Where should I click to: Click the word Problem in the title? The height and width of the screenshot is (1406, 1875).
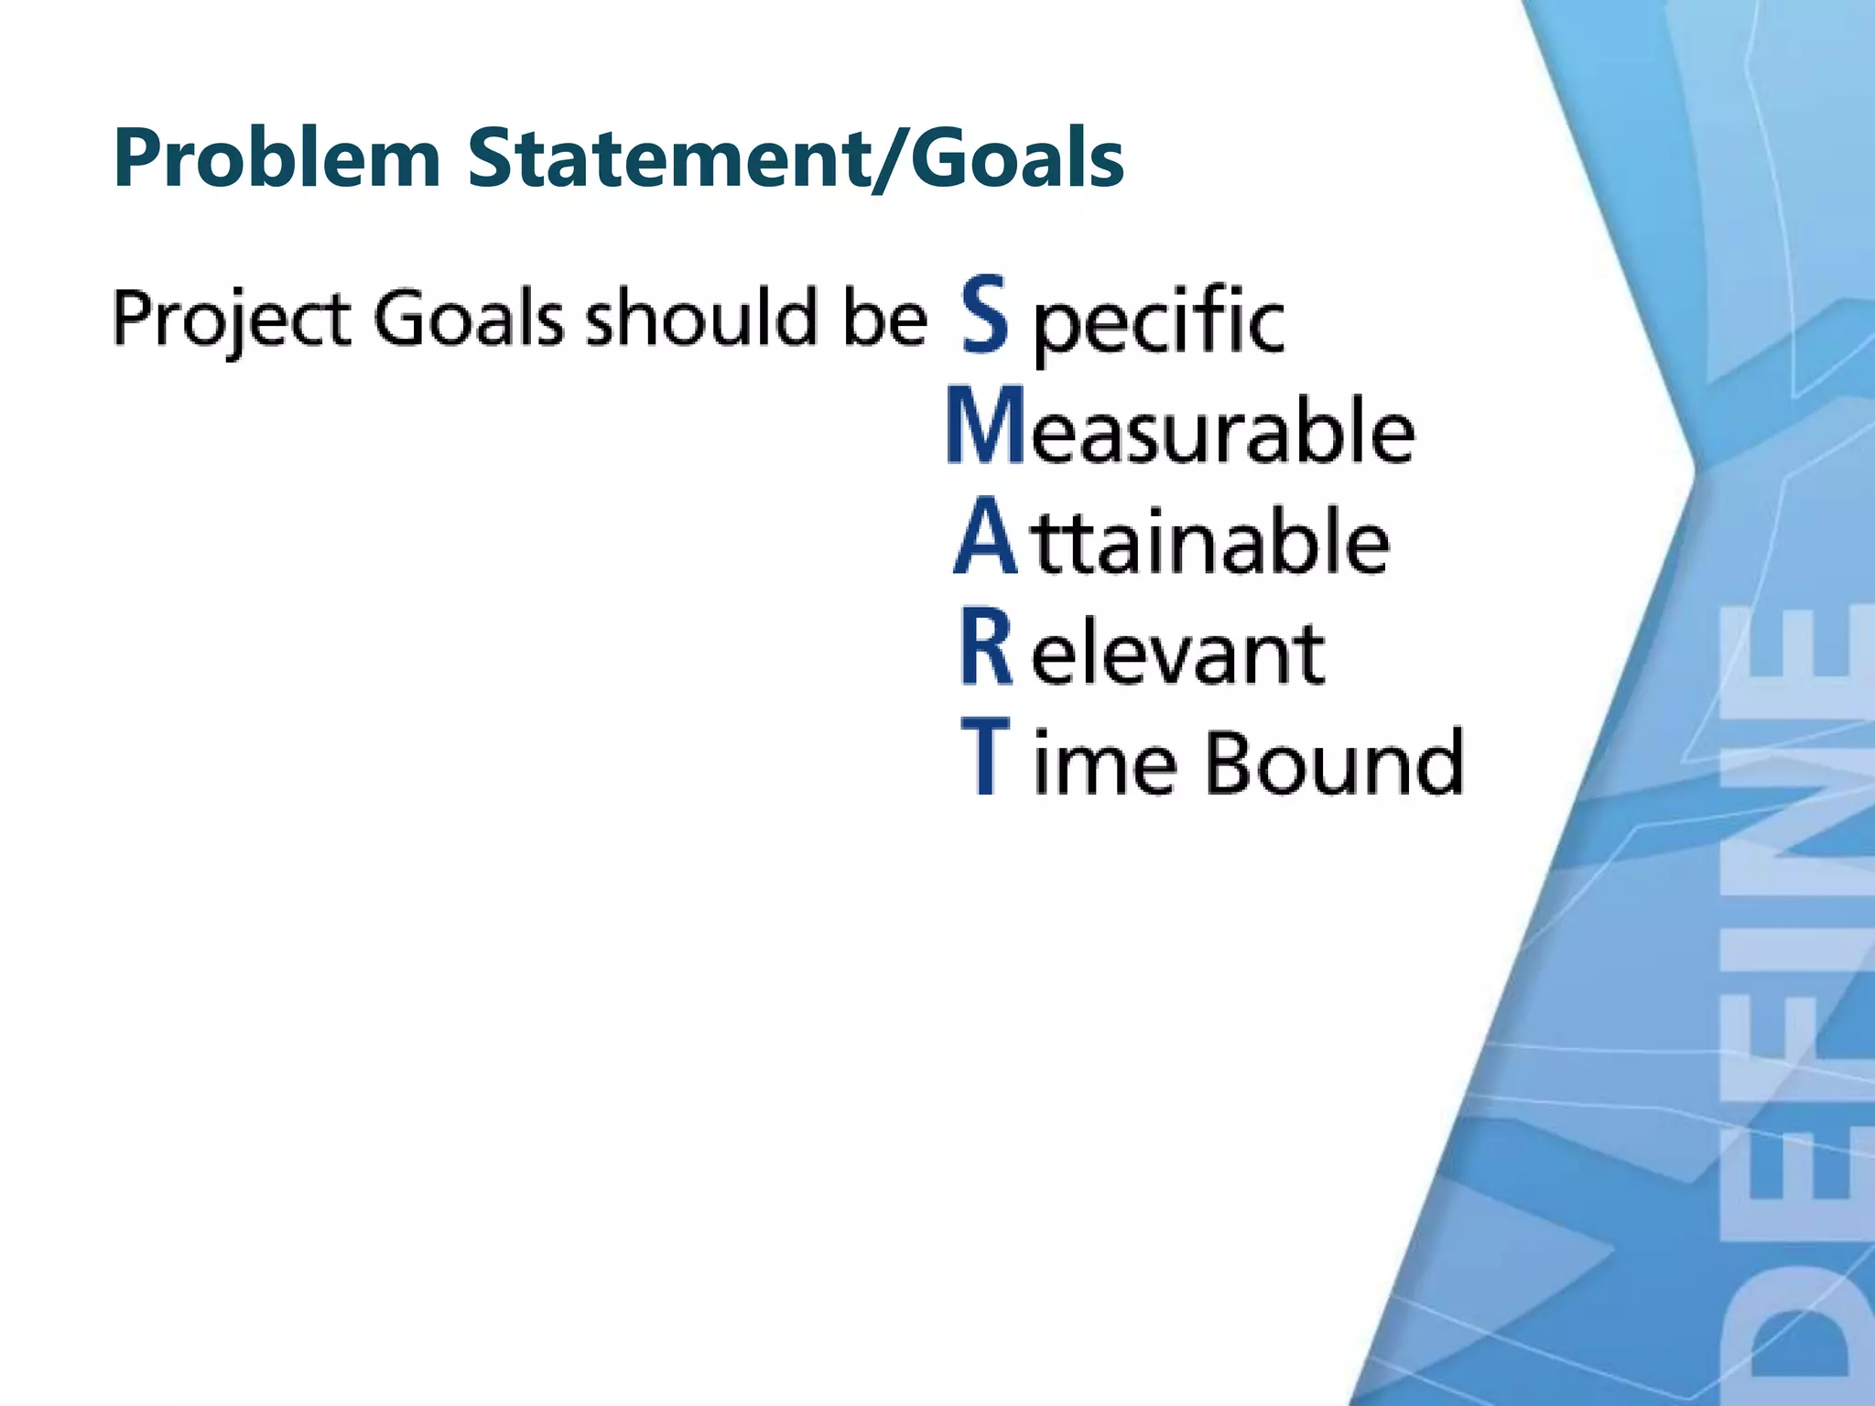276,158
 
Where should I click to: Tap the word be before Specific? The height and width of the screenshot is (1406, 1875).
884,319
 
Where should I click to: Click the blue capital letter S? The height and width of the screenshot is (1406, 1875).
985,316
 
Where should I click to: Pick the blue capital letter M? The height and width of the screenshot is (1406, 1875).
985,427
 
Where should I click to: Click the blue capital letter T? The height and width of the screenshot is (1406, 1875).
985,758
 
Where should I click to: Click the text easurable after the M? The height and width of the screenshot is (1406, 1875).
1223,430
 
